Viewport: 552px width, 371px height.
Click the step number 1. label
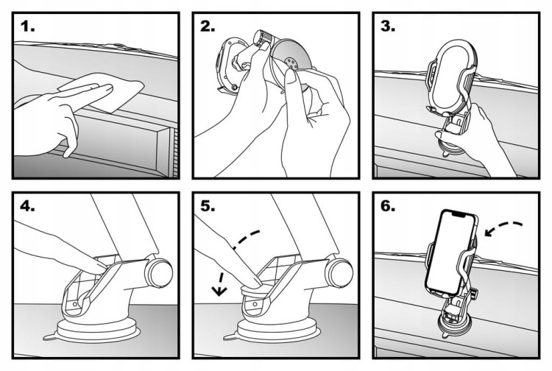pyautogui.click(x=28, y=29)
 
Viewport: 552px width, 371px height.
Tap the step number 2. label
pyautogui.click(x=208, y=29)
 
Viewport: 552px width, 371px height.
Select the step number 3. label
pyautogui.click(x=388, y=29)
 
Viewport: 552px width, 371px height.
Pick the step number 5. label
pyautogui.click(x=208, y=208)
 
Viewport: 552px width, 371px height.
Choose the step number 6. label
pyautogui.click(x=388, y=208)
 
